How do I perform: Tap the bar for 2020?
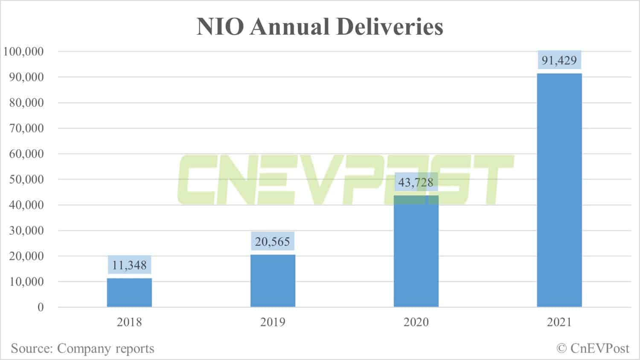416,252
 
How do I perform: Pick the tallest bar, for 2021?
559,190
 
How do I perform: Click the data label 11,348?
129,265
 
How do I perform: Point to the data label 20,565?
273,242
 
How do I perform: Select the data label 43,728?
416,183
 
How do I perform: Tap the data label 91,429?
559,61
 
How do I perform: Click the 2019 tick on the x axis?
273,322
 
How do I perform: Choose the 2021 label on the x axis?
559,322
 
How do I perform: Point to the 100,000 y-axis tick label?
24,52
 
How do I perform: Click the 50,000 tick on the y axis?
26,180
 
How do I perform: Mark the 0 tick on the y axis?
41,308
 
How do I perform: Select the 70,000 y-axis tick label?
26,128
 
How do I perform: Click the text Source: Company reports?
83,348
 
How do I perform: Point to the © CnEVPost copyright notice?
593,348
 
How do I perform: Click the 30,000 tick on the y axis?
26,231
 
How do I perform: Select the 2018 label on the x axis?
129,322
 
